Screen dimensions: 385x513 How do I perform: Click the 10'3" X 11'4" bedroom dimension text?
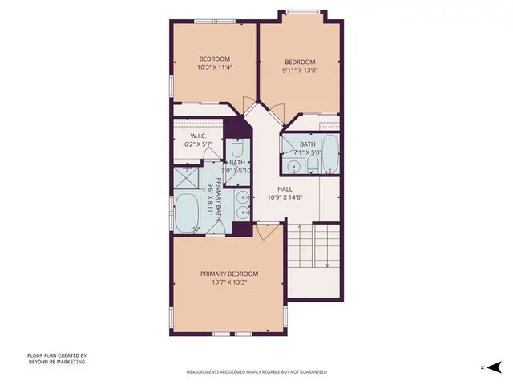[214, 68]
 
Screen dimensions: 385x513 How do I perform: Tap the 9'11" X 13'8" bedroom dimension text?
[300, 71]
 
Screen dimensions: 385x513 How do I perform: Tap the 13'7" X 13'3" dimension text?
[229, 282]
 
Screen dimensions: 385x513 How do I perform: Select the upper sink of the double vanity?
[242, 195]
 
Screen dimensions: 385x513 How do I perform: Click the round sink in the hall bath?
[294, 167]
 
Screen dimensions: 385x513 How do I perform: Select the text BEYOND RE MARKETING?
[55, 362]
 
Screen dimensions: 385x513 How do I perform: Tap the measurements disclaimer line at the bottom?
[256, 372]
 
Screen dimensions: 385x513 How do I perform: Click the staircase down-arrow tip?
[327, 267]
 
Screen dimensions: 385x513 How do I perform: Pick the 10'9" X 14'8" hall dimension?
[285, 197]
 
